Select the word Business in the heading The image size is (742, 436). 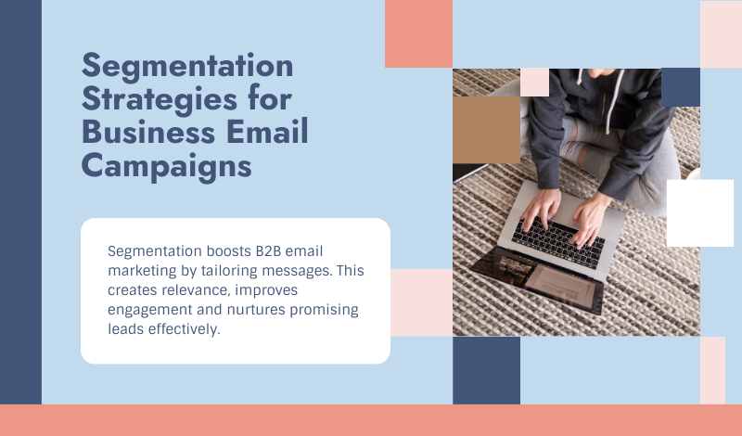(x=148, y=132)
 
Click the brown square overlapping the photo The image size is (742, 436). (x=486, y=130)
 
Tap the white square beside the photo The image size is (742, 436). (x=699, y=212)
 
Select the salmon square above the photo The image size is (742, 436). (x=418, y=33)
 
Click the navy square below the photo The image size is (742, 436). (x=486, y=370)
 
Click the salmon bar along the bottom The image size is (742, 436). (x=371, y=420)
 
